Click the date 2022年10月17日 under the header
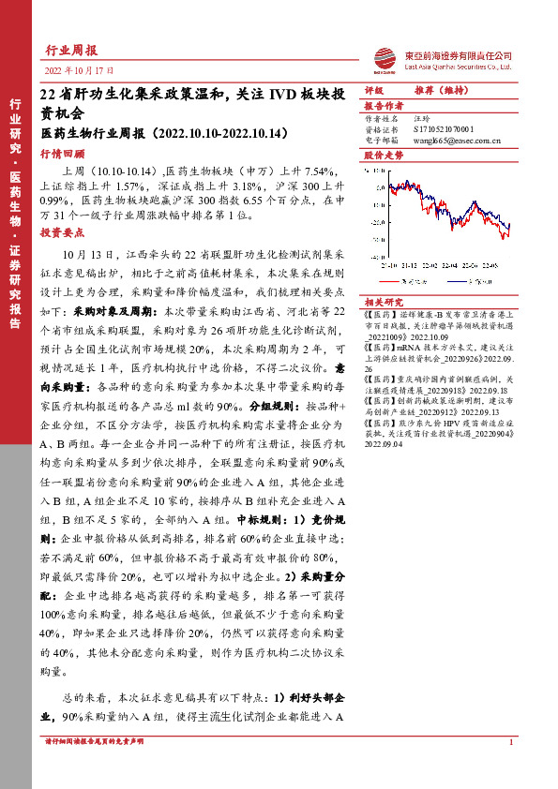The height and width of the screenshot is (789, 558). tap(79, 70)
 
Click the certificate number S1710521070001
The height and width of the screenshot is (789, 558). tap(450, 130)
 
